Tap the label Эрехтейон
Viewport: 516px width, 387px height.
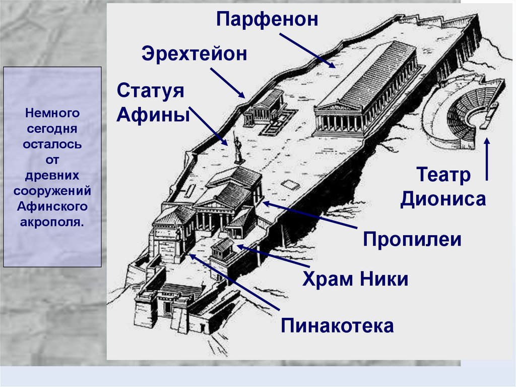point(194,54)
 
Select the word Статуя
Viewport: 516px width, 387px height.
point(150,91)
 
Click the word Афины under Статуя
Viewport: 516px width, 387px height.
point(153,115)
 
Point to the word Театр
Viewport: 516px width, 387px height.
point(443,176)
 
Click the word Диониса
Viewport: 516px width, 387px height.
point(443,199)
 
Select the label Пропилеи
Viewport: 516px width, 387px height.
point(412,239)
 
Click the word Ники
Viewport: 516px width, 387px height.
point(384,279)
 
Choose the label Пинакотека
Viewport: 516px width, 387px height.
point(337,325)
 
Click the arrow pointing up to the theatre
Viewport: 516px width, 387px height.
point(487,159)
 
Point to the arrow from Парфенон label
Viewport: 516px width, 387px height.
point(307,50)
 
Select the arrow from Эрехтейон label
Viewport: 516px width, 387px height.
point(228,83)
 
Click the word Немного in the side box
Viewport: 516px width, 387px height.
point(52,113)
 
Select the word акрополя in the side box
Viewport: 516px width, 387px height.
point(52,222)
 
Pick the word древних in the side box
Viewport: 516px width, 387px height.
point(52,176)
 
